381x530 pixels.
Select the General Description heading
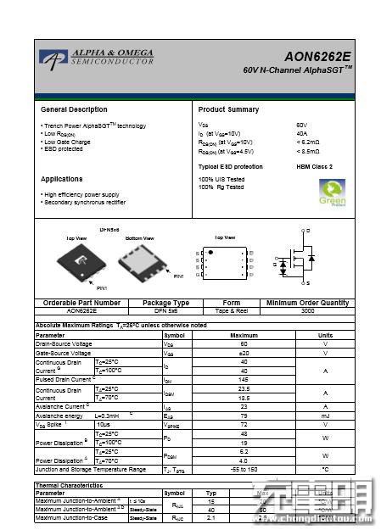tap(74, 110)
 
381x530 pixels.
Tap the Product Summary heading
tap(228, 110)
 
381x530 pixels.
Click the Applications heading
tap(64, 179)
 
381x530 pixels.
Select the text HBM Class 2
tap(314, 167)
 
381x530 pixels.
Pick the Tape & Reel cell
tap(232, 310)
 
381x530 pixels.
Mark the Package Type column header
tap(165, 303)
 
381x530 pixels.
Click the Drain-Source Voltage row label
tap(64, 343)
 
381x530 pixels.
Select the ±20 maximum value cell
tap(244, 353)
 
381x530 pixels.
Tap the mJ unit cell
tap(325, 416)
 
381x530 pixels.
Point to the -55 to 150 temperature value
tap(244, 469)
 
